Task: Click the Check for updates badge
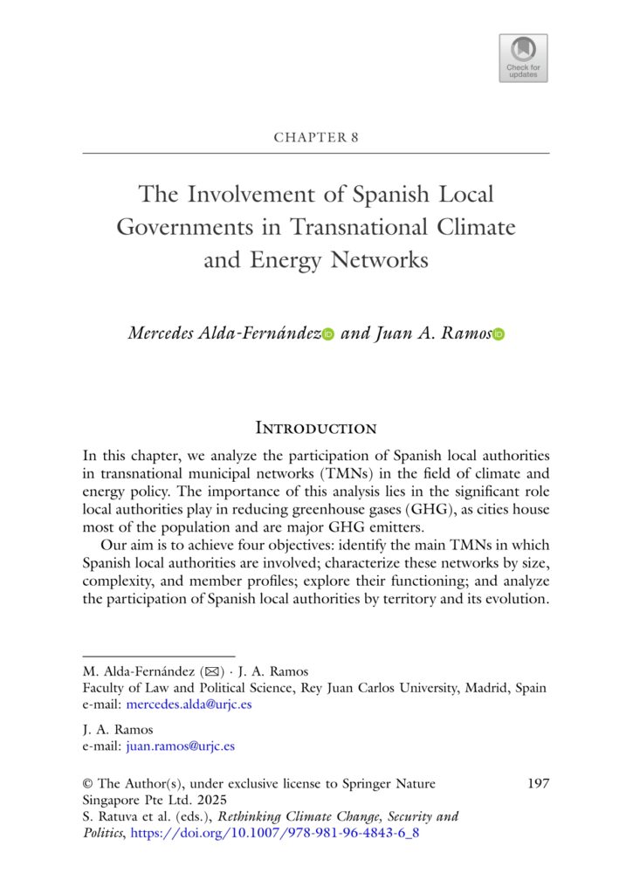[523, 58]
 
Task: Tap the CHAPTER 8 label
[316, 138]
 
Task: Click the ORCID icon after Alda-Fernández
[328, 334]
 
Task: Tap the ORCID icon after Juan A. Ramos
[499, 334]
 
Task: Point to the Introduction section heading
[316, 428]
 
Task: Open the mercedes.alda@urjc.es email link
[189, 704]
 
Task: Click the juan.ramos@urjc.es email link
[181, 746]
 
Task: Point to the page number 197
[539, 784]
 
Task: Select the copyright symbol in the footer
[87, 784]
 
